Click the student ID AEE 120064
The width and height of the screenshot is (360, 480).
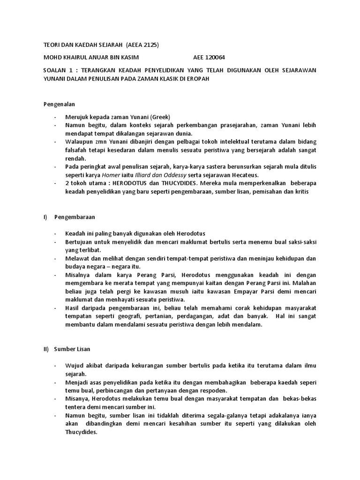(x=209, y=58)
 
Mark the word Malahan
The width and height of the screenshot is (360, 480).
(x=304, y=283)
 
